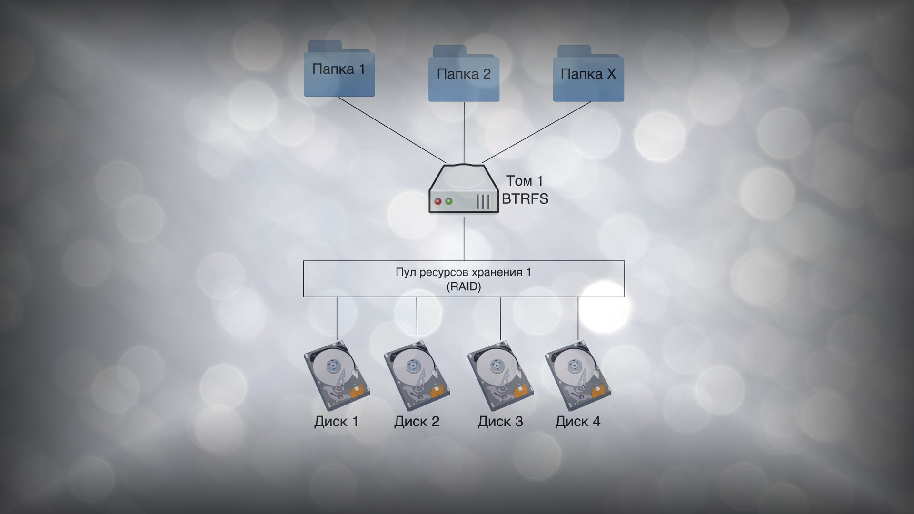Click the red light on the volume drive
(x=438, y=201)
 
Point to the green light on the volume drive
(x=448, y=201)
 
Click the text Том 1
(x=524, y=181)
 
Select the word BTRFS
(x=525, y=199)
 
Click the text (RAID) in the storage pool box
(x=464, y=287)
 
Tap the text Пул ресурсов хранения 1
(x=463, y=272)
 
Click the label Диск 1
(x=336, y=422)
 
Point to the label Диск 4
(x=578, y=422)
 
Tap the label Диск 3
(x=500, y=422)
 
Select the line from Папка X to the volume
(x=537, y=132)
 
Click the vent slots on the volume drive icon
(x=483, y=202)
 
